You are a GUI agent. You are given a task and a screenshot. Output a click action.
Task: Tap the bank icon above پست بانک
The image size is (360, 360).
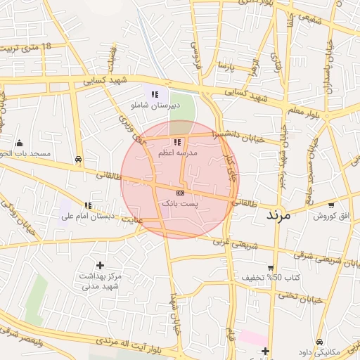click(180, 192)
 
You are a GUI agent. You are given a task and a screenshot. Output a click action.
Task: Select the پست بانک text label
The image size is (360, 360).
click(180, 202)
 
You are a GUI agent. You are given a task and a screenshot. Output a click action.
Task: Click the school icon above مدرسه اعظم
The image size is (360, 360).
click(177, 142)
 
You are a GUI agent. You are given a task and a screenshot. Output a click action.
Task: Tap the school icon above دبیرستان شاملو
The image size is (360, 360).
click(155, 94)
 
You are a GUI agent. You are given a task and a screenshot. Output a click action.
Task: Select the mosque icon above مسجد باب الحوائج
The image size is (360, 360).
click(19, 142)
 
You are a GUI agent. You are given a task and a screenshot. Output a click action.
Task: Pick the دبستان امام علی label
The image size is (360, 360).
click(87, 216)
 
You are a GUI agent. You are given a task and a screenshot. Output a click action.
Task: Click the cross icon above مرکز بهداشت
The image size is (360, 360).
click(101, 265)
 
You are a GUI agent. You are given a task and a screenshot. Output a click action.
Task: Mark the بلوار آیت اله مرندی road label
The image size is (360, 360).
click(131, 349)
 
